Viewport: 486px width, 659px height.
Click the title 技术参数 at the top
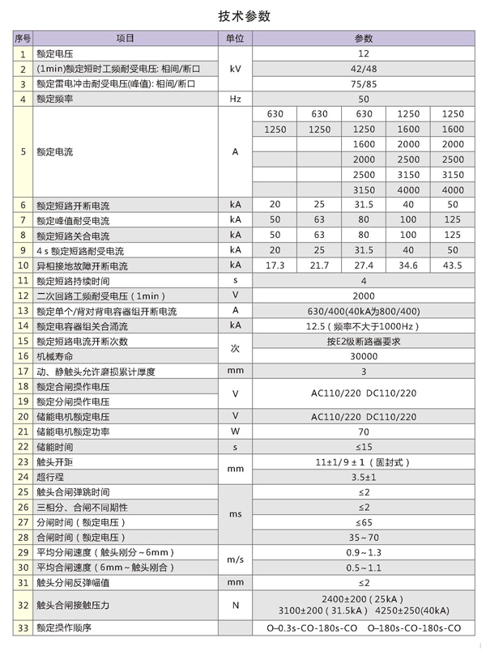[x=244, y=15]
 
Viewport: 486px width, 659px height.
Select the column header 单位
[x=235, y=39]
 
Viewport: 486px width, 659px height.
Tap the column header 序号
[x=23, y=39]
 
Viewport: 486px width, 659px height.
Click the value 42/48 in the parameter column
[x=364, y=69]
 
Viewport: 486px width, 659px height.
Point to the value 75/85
[x=364, y=84]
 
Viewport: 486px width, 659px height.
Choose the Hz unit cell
[x=235, y=99]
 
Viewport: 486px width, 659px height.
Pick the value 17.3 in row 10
[x=275, y=265]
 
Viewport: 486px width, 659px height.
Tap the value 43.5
[x=453, y=265]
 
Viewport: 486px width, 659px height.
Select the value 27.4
[x=364, y=265]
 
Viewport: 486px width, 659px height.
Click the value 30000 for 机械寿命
[x=364, y=356]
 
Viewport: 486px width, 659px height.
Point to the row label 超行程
[x=49, y=477]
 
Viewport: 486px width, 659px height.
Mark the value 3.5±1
[x=364, y=477]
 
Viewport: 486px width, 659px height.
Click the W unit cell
[x=235, y=432]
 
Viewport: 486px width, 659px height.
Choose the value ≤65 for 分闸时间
[x=364, y=522]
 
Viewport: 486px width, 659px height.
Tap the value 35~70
[x=364, y=537]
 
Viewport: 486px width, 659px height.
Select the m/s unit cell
[x=235, y=559]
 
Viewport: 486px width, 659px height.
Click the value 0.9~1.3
[x=364, y=552]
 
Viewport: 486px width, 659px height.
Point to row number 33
[x=23, y=628]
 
